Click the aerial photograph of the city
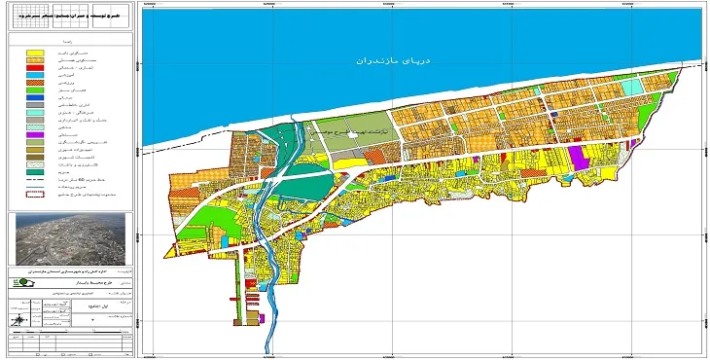[x=68, y=237]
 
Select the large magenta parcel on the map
[x=580, y=155]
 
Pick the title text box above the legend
[x=69, y=17]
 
